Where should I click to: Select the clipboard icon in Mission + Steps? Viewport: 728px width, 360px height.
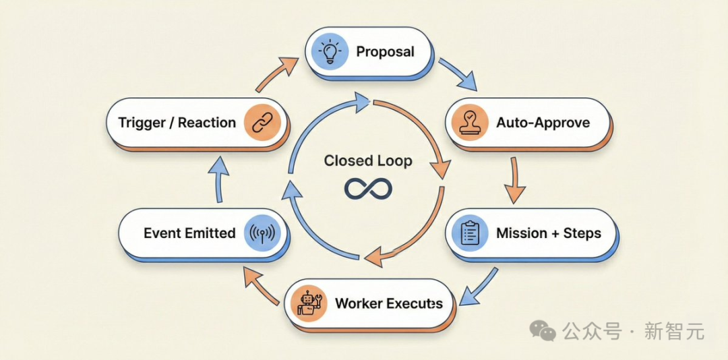(469, 233)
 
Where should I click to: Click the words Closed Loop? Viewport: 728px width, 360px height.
(367, 161)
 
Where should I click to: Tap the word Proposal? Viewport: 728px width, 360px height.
(385, 52)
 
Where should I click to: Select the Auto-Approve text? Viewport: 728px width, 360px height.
(543, 123)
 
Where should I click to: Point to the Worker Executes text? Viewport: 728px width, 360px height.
(389, 303)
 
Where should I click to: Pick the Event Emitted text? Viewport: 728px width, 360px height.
(189, 234)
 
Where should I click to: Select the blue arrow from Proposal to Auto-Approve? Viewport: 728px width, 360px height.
(458, 74)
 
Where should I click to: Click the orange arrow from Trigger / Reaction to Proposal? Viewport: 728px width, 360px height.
(277, 74)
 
